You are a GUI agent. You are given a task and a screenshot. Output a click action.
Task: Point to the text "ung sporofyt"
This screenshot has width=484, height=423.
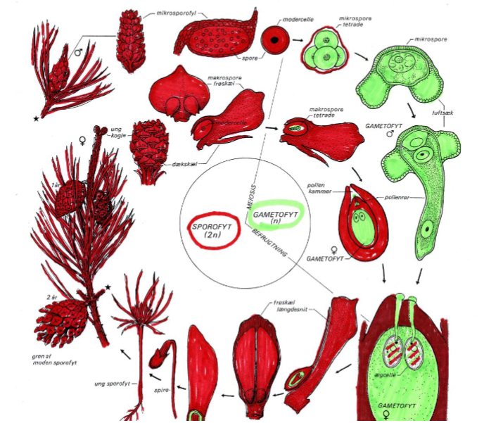click(x=110, y=384)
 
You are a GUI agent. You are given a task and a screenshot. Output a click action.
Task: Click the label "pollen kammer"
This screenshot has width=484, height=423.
click(x=317, y=189)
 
